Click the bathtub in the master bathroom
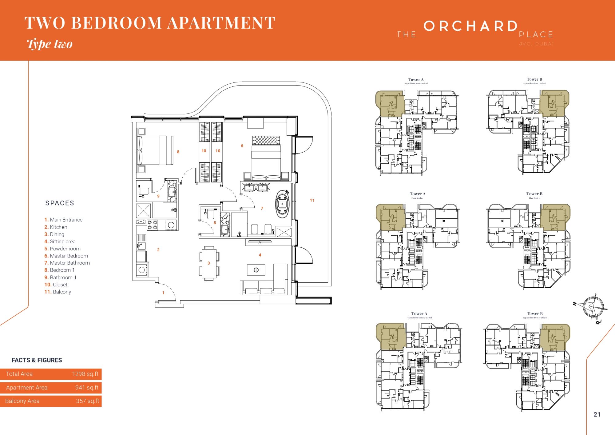(x=282, y=204)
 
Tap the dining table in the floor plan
(x=209, y=263)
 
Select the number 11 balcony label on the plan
(x=312, y=200)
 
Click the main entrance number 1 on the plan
(x=163, y=293)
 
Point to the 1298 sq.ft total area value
(x=85, y=374)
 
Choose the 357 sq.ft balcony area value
(x=87, y=401)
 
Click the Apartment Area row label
(x=27, y=388)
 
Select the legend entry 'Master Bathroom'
(x=69, y=263)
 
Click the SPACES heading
(x=60, y=203)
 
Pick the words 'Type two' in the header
(x=50, y=44)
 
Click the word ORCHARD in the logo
(x=470, y=26)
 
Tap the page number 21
(x=597, y=414)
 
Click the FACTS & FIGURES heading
(x=37, y=360)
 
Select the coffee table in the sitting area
(x=256, y=270)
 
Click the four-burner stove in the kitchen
(x=153, y=225)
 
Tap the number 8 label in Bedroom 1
(x=178, y=152)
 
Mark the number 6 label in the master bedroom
(x=242, y=146)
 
